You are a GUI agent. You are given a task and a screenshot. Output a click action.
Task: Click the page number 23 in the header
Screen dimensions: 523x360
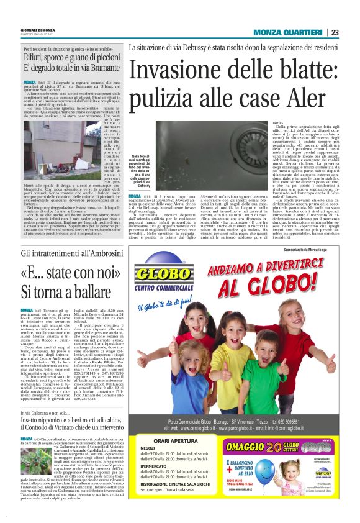click(335, 32)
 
